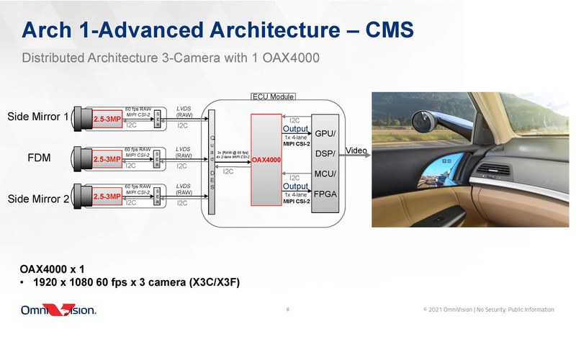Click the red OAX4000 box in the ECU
[266, 159]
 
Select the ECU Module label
[273, 96]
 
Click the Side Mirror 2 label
[38, 198]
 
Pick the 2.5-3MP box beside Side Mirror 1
[107, 119]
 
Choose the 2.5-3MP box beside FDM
[107, 159]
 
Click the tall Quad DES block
[212, 163]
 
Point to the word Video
[358, 151]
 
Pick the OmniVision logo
[58, 310]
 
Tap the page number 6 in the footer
[288, 310]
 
